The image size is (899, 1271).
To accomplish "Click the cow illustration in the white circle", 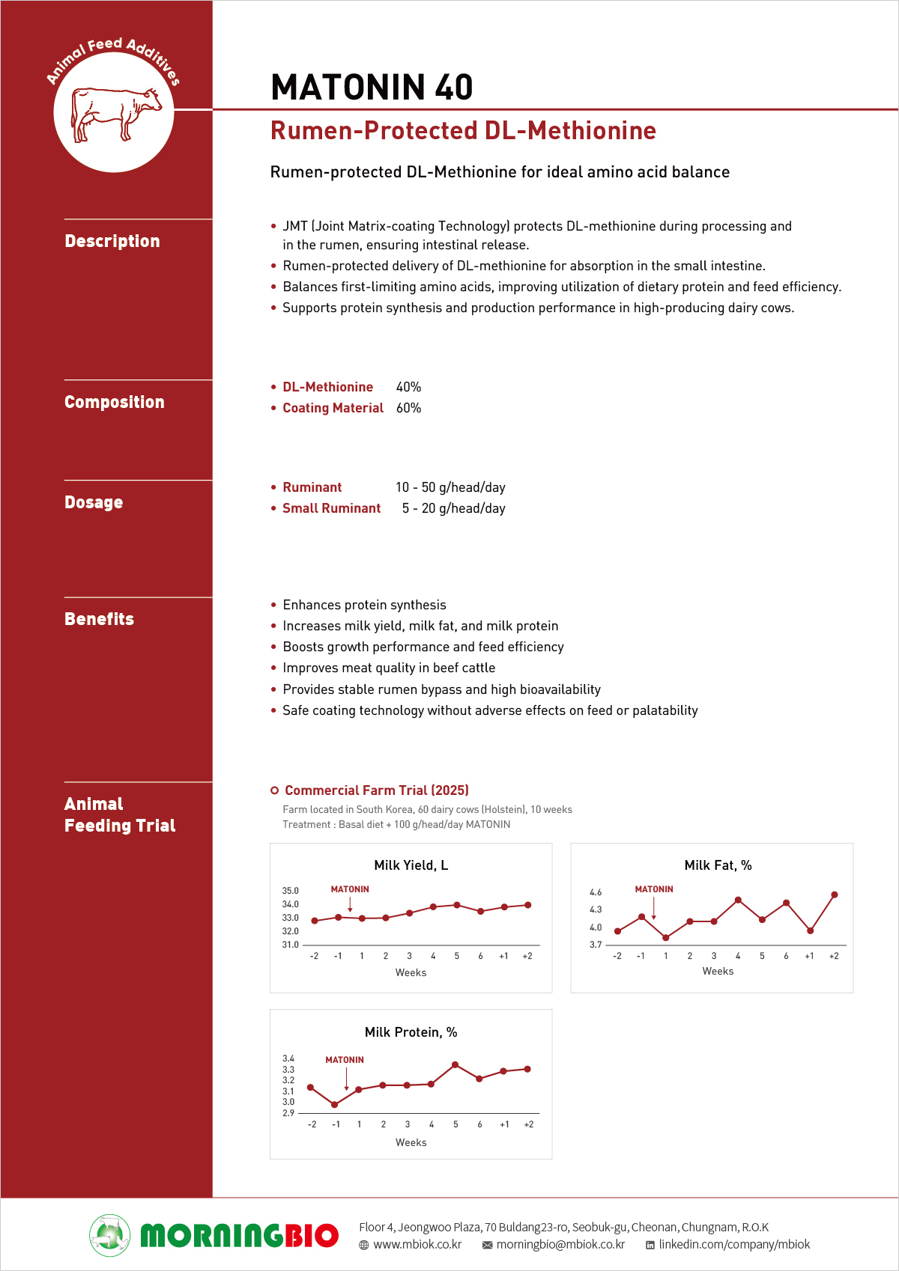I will pyautogui.click(x=115, y=113).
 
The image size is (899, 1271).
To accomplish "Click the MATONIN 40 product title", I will pyautogui.click(x=372, y=87).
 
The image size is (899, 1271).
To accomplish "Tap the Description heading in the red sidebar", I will pyautogui.click(x=112, y=241).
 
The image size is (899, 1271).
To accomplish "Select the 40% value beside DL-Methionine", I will pyautogui.click(x=408, y=387).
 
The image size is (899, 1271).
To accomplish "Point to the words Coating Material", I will pyautogui.click(x=333, y=408).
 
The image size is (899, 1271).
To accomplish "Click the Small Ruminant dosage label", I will pyautogui.click(x=331, y=508).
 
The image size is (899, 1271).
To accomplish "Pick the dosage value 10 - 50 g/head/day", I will pyautogui.click(x=450, y=487).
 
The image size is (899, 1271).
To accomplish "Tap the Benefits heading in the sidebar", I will pyautogui.click(x=99, y=619).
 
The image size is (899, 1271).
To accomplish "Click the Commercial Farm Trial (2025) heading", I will pyautogui.click(x=376, y=790).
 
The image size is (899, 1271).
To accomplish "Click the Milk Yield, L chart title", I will pyautogui.click(x=411, y=865).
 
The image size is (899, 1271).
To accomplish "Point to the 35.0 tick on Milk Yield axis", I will pyautogui.click(x=290, y=891).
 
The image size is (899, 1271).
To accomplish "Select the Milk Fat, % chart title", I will pyautogui.click(x=718, y=865).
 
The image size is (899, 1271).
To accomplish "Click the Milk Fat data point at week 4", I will pyautogui.click(x=738, y=900).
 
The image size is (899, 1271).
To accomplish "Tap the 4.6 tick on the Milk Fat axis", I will pyautogui.click(x=596, y=892).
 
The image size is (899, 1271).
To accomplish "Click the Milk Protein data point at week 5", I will pyautogui.click(x=455, y=1064).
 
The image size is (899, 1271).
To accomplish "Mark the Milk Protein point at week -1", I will pyautogui.click(x=335, y=1104).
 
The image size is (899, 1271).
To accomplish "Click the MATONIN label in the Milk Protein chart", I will pyautogui.click(x=345, y=1060).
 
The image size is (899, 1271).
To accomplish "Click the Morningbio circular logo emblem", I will pyautogui.click(x=110, y=1235).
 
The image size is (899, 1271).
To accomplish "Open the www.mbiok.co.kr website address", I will pyautogui.click(x=417, y=1245).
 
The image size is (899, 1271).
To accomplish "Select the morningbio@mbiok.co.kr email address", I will pyautogui.click(x=560, y=1245).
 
